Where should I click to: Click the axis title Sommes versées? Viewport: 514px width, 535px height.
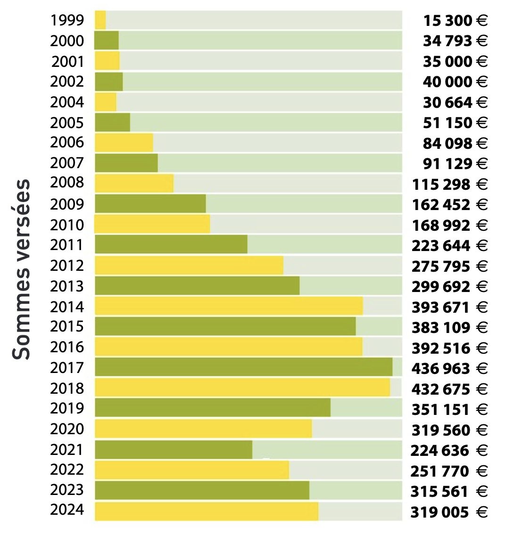(x=22, y=269)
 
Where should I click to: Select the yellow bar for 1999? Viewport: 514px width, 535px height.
(x=100, y=20)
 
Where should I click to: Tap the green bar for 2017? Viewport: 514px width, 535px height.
(x=243, y=367)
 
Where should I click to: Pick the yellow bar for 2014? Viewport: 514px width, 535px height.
(x=229, y=306)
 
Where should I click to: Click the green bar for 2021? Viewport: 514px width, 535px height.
(x=174, y=450)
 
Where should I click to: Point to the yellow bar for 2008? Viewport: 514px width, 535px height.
(x=134, y=183)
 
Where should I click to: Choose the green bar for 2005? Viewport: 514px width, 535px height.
(x=112, y=122)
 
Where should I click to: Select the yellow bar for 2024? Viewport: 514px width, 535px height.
(x=207, y=511)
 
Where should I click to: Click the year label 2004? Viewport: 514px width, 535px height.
(x=67, y=102)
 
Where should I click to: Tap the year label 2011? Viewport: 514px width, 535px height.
(x=67, y=245)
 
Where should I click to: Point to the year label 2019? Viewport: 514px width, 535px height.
(x=67, y=408)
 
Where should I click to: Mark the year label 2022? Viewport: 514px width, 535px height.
(x=67, y=470)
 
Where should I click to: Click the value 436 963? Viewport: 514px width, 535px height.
(x=441, y=368)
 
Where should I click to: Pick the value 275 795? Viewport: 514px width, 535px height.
(x=441, y=266)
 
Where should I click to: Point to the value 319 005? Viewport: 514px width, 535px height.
(x=439, y=512)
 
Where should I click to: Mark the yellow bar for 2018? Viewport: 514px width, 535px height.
(x=242, y=388)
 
